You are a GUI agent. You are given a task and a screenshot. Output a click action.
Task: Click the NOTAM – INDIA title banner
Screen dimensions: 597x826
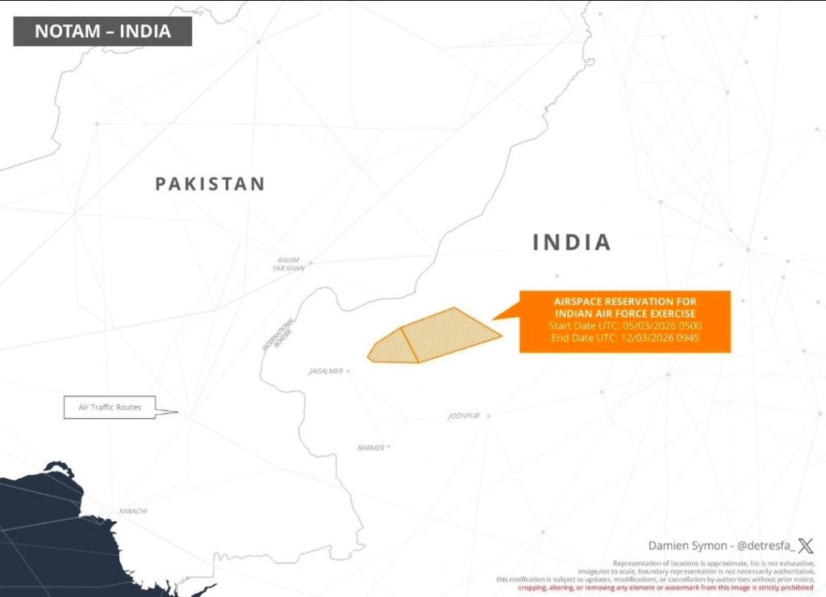[102, 31]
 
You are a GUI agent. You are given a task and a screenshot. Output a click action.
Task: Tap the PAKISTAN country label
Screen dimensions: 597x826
[210, 184]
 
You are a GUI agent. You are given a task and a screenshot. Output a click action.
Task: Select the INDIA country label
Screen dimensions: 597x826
[572, 242]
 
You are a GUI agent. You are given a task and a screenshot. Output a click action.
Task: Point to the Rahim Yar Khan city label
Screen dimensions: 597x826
[288, 264]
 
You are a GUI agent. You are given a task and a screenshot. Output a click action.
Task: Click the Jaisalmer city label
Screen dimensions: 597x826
[326, 372]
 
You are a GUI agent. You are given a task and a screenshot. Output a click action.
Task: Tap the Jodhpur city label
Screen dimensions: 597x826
[464, 416]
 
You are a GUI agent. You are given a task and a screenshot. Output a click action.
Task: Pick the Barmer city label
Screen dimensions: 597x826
[371, 448]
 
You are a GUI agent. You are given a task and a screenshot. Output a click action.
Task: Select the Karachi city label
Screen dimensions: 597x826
[133, 511]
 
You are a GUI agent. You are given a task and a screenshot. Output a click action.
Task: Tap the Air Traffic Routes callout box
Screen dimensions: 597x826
[110, 407]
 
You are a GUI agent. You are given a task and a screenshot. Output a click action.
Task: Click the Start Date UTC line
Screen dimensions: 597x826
[625, 325]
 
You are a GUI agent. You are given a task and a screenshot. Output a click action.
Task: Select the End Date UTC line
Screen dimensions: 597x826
[625, 337]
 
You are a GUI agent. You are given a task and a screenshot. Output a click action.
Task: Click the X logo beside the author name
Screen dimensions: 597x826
[805, 546]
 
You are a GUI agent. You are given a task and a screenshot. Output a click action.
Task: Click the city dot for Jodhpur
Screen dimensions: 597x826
[488, 416]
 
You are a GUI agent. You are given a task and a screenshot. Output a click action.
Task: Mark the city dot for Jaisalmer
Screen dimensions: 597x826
[348, 372]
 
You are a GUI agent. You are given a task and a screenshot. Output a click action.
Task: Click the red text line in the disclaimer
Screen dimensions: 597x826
[665, 587]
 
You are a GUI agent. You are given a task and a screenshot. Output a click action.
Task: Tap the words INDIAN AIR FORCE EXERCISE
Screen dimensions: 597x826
[625, 313]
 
